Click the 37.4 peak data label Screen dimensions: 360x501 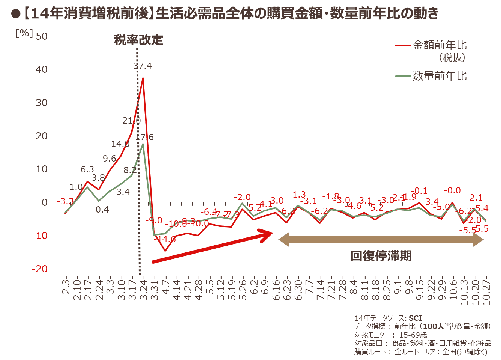coord(142,66)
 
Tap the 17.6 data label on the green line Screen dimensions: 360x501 coord(144,137)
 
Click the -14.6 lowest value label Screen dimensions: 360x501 coord(165,239)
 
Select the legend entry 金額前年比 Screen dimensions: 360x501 coord(439,45)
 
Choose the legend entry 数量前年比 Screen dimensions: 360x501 coord(439,76)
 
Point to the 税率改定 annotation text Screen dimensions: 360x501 coord(138,40)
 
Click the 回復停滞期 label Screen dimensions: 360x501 coord(381,256)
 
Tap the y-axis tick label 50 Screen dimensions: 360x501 coord(42,36)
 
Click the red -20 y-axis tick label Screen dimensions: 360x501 coord(39,269)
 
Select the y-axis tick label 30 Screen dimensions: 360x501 coord(42,103)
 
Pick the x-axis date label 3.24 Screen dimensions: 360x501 coord(143,289)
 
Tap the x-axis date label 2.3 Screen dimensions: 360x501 coord(66,287)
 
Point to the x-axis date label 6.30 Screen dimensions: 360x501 coord(298,289)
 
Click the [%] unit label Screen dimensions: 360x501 coord(24,33)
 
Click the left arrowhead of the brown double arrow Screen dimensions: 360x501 coord(283,240)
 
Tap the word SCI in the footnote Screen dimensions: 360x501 coord(415,318)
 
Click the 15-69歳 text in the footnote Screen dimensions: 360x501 coord(413,335)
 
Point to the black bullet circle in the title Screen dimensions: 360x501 coord(15,14)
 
